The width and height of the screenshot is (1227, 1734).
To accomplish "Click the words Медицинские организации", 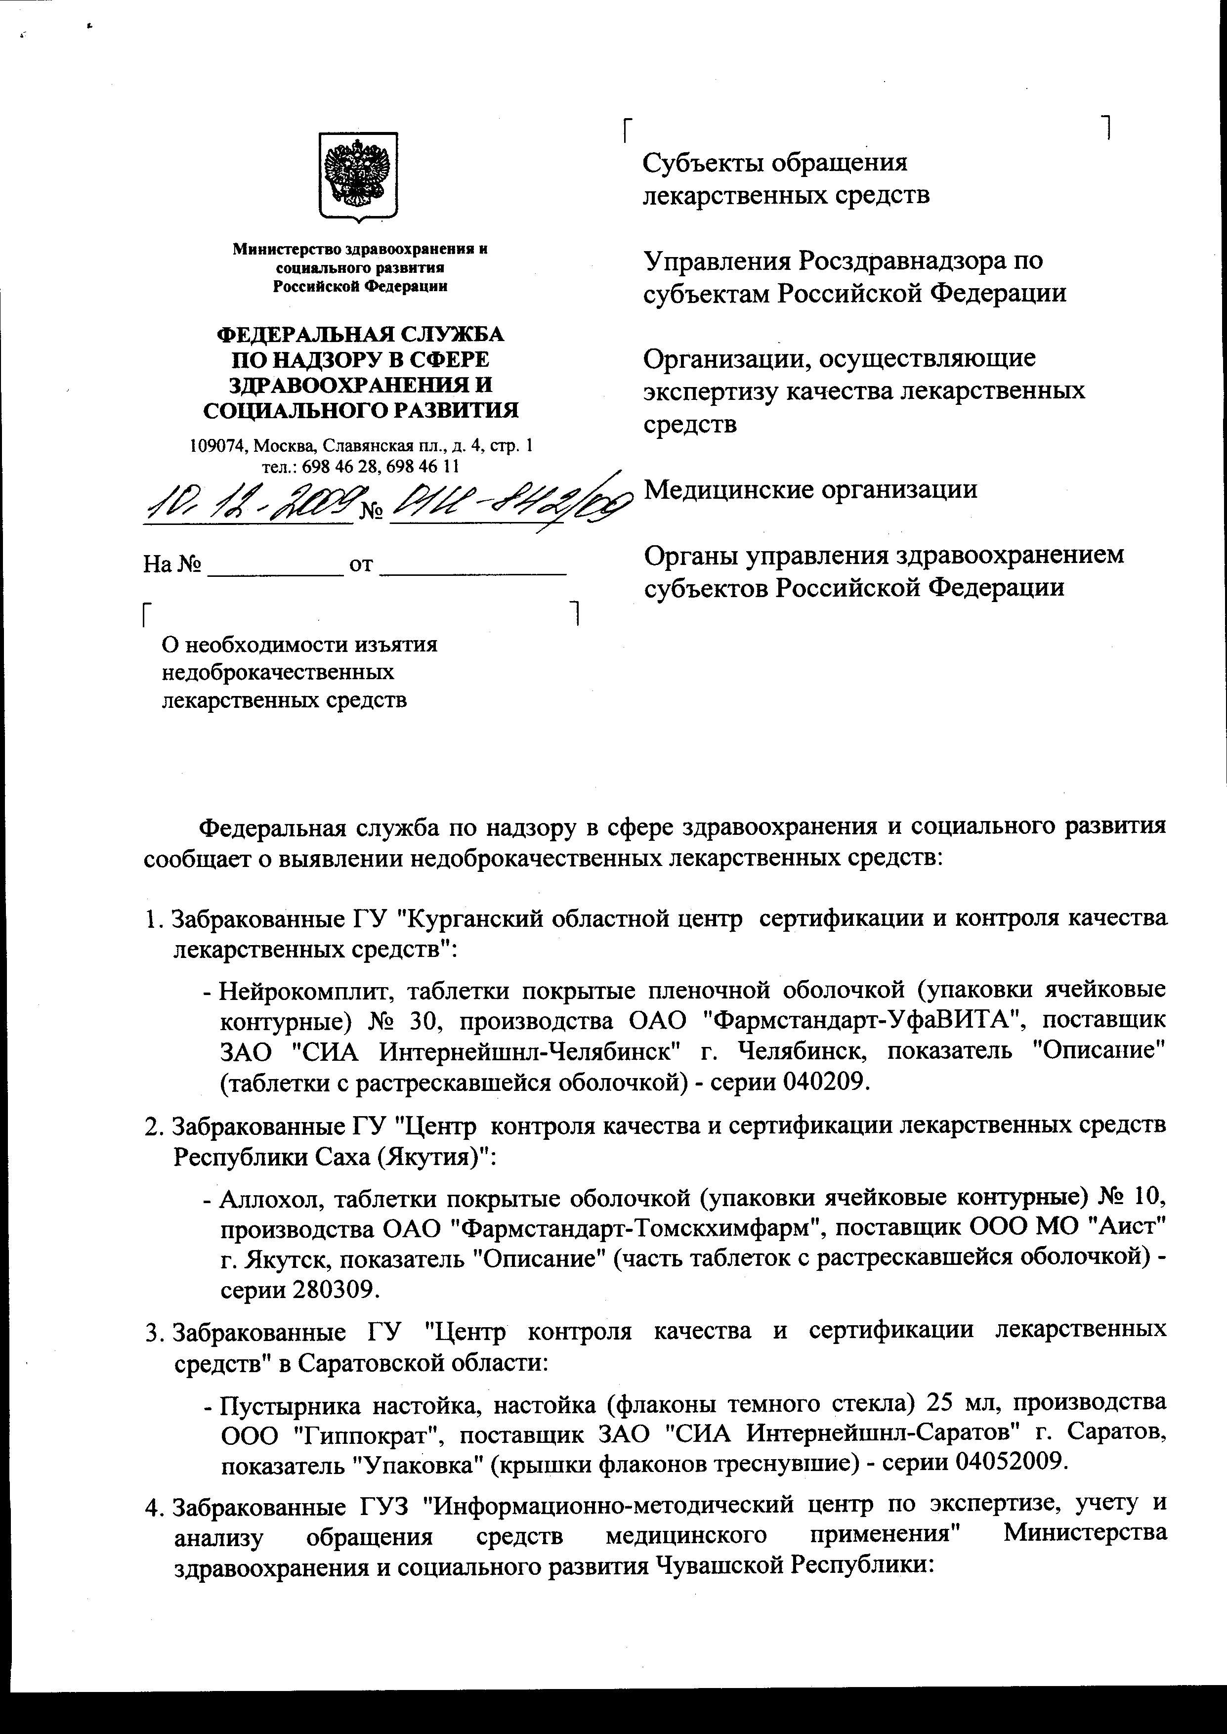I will pyautogui.click(x=810, y=489).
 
